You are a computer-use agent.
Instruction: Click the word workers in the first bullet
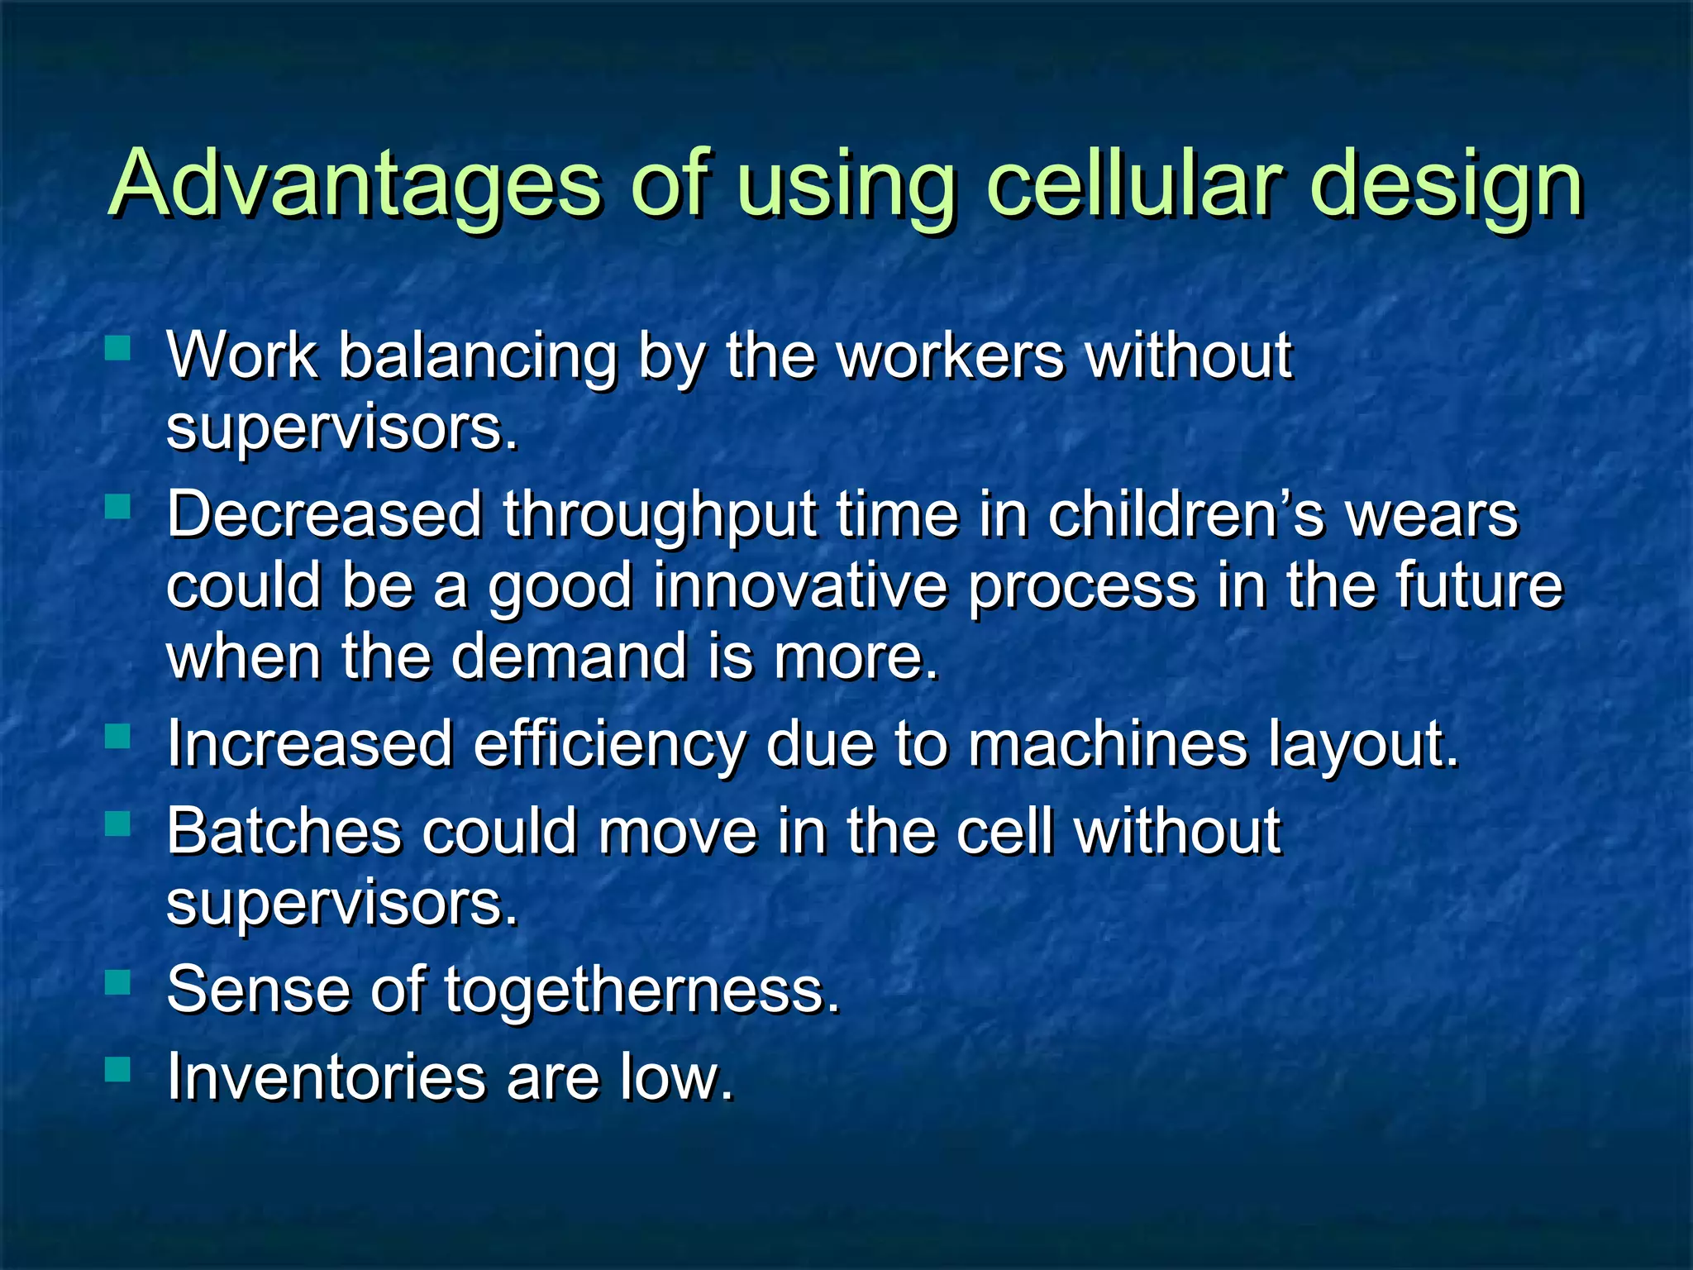(951, 356)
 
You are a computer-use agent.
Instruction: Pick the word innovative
(799, 585)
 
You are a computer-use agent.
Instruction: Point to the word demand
(569, 656)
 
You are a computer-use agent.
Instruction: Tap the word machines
(1107, 743)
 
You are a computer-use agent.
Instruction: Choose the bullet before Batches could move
(118, 823)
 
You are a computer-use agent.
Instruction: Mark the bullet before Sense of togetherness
(118, 981)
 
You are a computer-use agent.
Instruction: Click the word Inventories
(327, 1077)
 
